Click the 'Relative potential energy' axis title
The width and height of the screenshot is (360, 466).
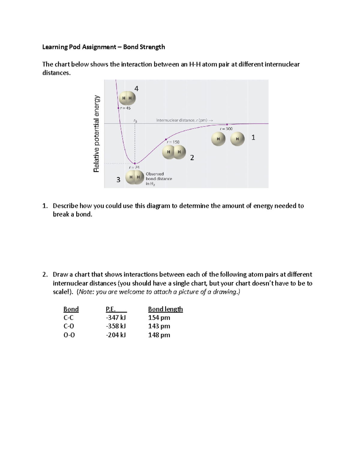pos(96,134)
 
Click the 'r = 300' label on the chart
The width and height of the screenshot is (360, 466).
pos(226,129)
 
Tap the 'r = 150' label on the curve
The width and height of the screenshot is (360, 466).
pos(173,142)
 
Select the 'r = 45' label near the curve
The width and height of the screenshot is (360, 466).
pos(125,108)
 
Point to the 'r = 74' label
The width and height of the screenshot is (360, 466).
pos(134,167)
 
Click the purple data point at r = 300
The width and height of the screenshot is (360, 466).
pos(227,124)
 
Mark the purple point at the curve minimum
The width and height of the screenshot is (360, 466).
pos(135,164)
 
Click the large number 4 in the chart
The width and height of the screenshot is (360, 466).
pos(136,89)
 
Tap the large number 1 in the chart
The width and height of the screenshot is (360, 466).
pos(253,137)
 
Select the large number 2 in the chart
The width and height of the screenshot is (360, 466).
pos(192,158)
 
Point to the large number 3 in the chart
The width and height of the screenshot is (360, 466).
pos(118,180)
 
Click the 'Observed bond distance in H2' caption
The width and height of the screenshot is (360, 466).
pos(159,179)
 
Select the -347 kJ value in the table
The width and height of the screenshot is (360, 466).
pos(116,317)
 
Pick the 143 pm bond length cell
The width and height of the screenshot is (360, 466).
pos(159,326)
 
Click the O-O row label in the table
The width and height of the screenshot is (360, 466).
pos(69,335)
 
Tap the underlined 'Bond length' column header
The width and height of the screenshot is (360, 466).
pos(165,309)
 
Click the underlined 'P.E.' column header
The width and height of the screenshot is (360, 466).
pos(111,309)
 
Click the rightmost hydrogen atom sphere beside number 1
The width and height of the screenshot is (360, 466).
pos(237,139)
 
